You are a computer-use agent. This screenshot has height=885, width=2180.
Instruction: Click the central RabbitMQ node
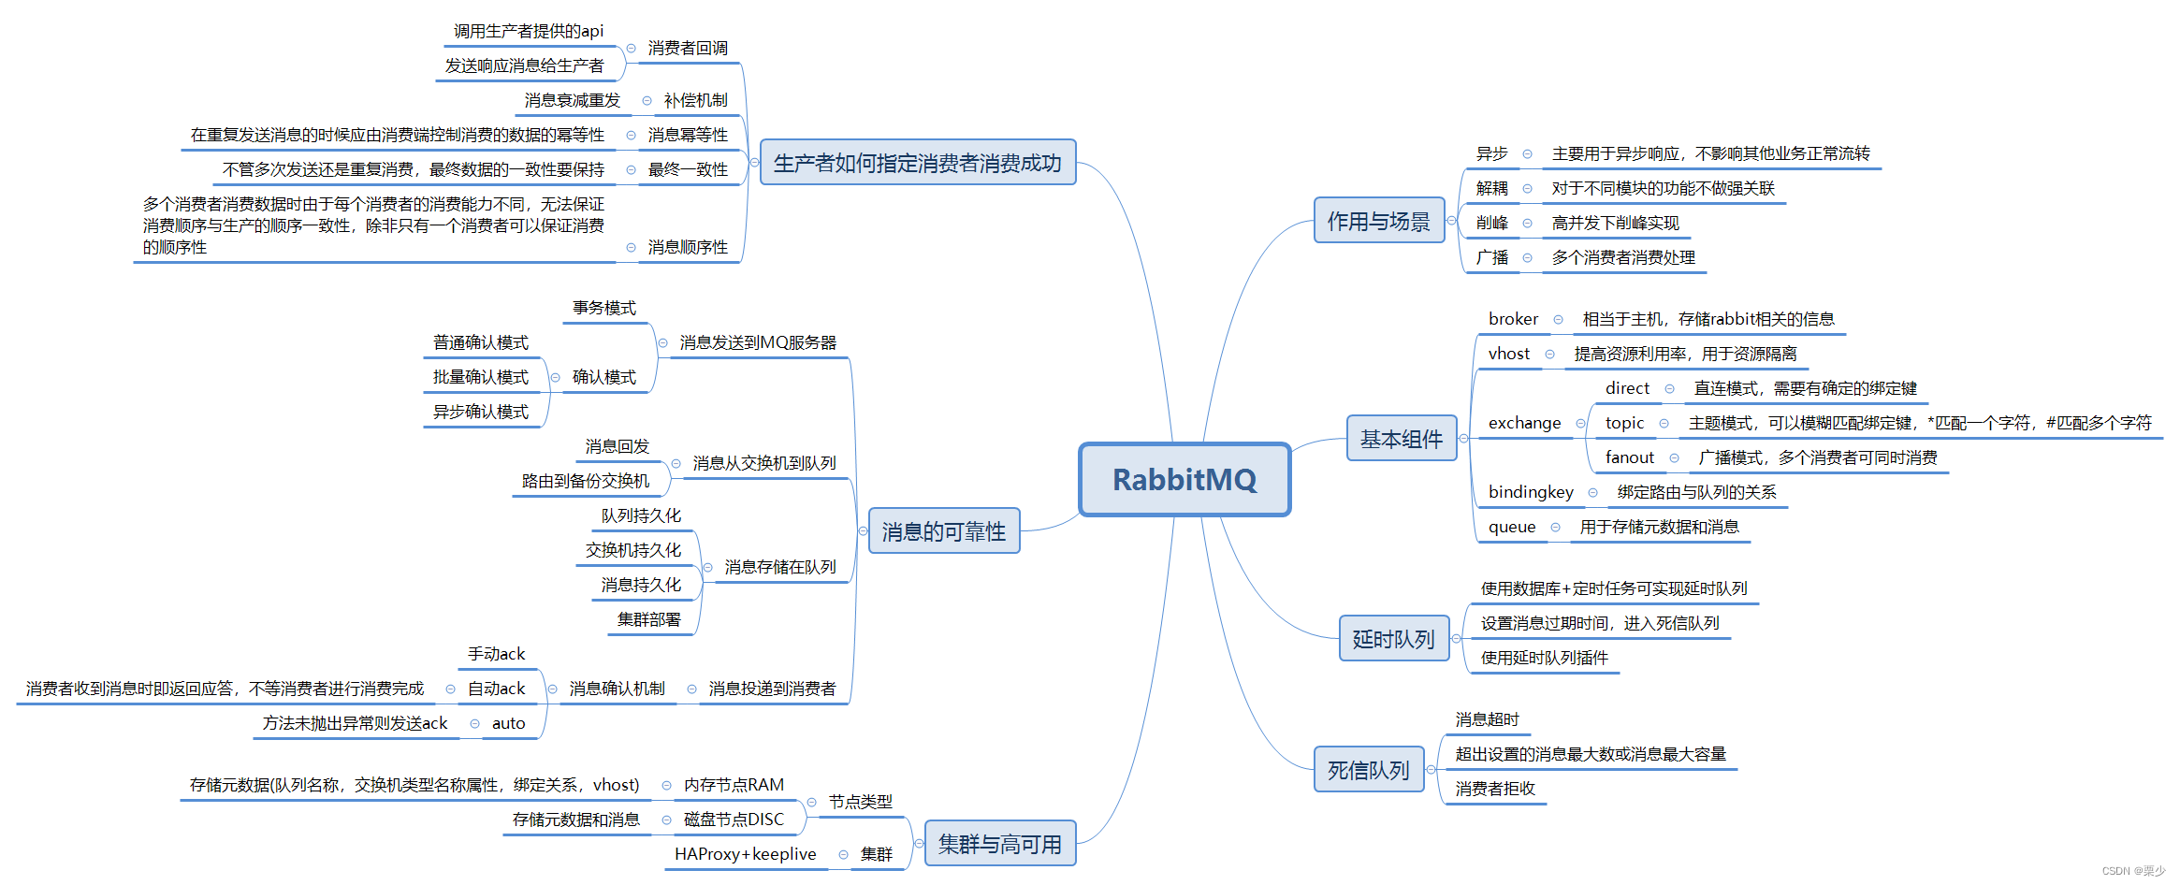coord(1184,479)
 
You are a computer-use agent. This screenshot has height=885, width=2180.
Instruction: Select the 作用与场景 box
coord(1378,221)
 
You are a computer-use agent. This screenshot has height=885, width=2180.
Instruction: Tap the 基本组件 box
coord(1401,439)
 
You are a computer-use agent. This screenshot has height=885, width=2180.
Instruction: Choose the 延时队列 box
coord(1393,639)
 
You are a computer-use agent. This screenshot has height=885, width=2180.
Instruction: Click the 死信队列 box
coord(1368,770)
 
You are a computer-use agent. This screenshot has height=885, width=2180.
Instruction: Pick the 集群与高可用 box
coord(999,844)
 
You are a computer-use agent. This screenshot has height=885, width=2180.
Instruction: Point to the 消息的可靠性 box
coord(943,531)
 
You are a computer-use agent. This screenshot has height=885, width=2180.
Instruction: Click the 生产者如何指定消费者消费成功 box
coord(917,163)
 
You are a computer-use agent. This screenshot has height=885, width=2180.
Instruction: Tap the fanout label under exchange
coord(1629,457)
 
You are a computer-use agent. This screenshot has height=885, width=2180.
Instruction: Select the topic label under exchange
coord(1624,423)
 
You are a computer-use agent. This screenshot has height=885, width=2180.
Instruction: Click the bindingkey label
coord(1531,492)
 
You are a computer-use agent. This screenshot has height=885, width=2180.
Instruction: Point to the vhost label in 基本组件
coord(1508,354)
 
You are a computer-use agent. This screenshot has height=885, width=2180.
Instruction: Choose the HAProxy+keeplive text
coord(745,854)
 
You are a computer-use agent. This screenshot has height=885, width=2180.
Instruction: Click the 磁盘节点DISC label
coord(734,820)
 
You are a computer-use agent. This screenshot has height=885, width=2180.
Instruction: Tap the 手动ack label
coord(496,654)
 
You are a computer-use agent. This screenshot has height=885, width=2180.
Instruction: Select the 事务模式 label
coord(603,308)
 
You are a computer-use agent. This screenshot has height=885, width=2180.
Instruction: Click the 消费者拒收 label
coord(1495,789)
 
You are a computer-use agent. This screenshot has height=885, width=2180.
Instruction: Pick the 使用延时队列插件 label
coord(1544,658)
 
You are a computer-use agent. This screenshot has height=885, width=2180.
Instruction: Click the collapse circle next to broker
coord(1558,320)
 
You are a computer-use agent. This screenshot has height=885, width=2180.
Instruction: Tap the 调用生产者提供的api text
coord(529,31)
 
